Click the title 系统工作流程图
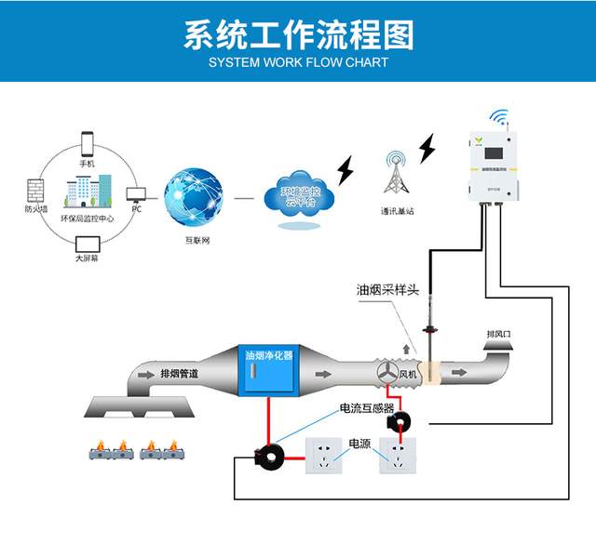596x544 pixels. click(x=298, y=35)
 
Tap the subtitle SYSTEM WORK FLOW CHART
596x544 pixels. click(x=298, y=63)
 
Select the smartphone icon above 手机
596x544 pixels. click(x=88, y=144)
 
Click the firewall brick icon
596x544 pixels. click(x=35, y=192)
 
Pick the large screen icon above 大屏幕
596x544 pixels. click(x=87, y=245)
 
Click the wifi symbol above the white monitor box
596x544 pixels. click(x=501, y=119)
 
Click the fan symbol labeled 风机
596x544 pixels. click(x=387, y=373)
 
